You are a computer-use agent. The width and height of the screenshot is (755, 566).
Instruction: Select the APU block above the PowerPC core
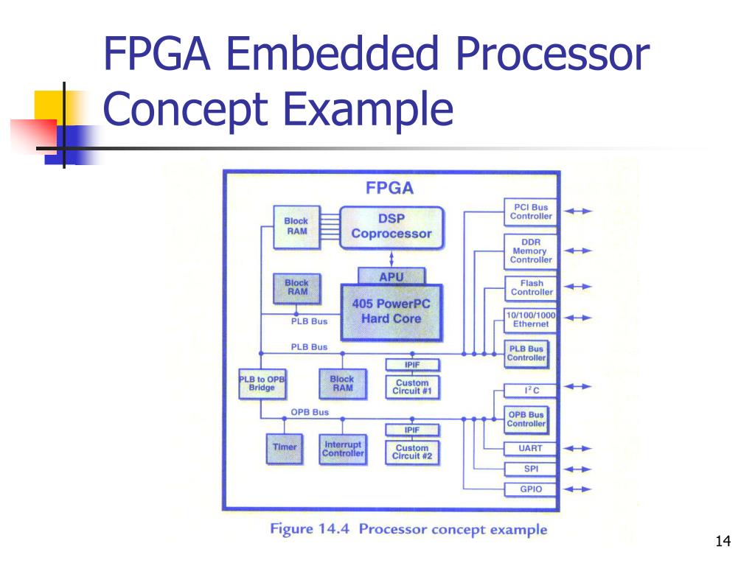click(x=392, y=277)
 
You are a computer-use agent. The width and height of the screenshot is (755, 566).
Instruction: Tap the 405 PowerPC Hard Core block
click(x=392, y=312)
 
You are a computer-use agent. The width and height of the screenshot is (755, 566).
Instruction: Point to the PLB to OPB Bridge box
click(x=262, y=383)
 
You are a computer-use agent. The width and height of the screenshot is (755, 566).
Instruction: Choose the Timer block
click(x=285, y=447)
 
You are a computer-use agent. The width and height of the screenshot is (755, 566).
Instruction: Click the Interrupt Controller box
click(x=343, y=449)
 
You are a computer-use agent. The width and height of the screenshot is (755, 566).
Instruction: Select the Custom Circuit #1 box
click(x=412, y=387)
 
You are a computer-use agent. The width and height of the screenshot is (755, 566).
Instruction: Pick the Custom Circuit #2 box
click(x=412, y=452)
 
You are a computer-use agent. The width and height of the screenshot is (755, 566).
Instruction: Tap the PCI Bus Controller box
click(x=531, y=212)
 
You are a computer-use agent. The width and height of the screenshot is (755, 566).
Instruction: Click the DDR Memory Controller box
click(x=531, y=251)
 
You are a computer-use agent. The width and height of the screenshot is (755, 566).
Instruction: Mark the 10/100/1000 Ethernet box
click(x=531, y=319)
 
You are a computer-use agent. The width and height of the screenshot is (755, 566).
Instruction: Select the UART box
click(x=531, y=448)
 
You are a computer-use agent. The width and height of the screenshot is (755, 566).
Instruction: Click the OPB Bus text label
click(x=310, y=413)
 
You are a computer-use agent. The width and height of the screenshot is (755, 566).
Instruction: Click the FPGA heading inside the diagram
click(x=390, y=188)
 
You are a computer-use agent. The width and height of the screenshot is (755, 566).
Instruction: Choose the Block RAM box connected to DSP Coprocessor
click(x=296, y=226)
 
